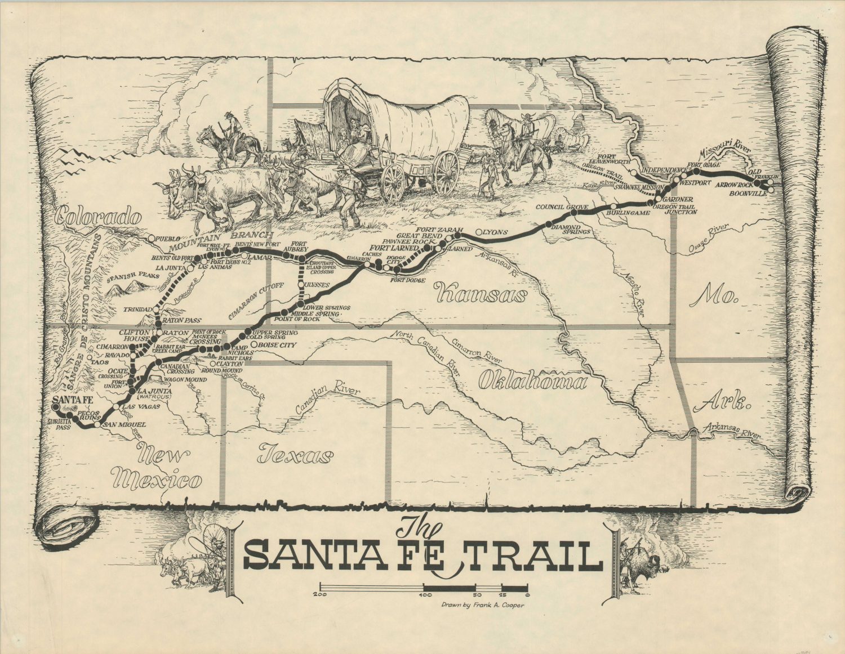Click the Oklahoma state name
[532, 382]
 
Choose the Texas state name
[294, 454]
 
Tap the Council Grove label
[562, 207]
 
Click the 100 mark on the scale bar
[426, 594]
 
